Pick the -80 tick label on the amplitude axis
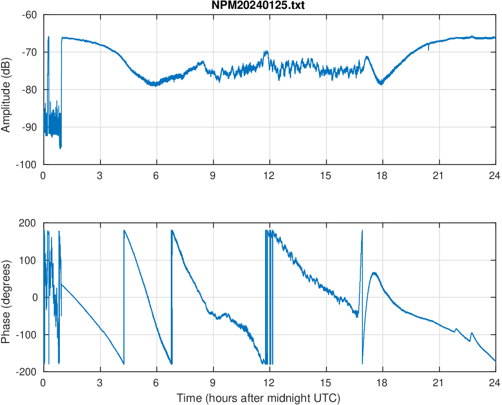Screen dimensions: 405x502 coord(29,90)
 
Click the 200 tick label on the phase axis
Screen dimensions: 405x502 coord(29,223)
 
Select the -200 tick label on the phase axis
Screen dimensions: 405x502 coord(27,372)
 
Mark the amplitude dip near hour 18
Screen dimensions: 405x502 coord(381,83)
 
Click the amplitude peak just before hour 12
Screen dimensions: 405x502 coord(266,52)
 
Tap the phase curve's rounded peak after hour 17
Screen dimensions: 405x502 coord(374,273)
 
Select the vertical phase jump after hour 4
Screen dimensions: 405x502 coord(124,297)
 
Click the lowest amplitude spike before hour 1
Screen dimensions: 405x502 coord(60,148)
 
